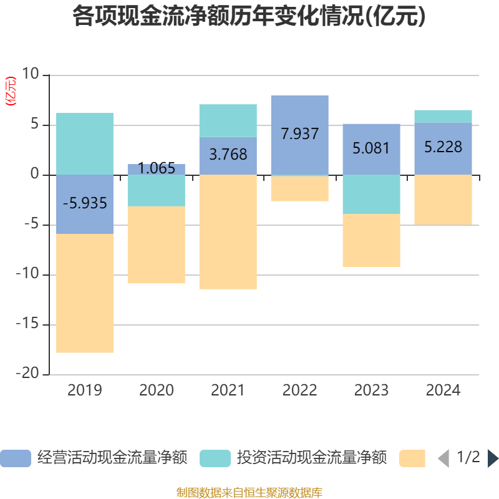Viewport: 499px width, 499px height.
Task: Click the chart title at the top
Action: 249,17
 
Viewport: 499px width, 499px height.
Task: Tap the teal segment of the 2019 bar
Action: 85,143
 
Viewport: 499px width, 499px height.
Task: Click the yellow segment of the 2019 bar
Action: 85,293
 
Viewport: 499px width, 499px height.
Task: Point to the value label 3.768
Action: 228,155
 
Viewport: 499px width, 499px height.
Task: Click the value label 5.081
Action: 371,148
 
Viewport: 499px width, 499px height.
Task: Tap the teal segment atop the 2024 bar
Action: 443,116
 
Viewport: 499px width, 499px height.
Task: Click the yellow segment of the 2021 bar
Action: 228,232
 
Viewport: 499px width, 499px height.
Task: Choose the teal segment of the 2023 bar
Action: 371,194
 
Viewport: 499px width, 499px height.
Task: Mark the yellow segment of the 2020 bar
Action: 157,245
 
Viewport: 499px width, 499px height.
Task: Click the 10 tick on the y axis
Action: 30,75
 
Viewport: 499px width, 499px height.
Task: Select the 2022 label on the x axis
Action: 300,390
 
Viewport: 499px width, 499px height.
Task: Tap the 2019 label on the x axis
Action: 85,390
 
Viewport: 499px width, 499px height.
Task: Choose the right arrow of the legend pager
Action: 493,458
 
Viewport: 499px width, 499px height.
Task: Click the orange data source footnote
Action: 249,493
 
